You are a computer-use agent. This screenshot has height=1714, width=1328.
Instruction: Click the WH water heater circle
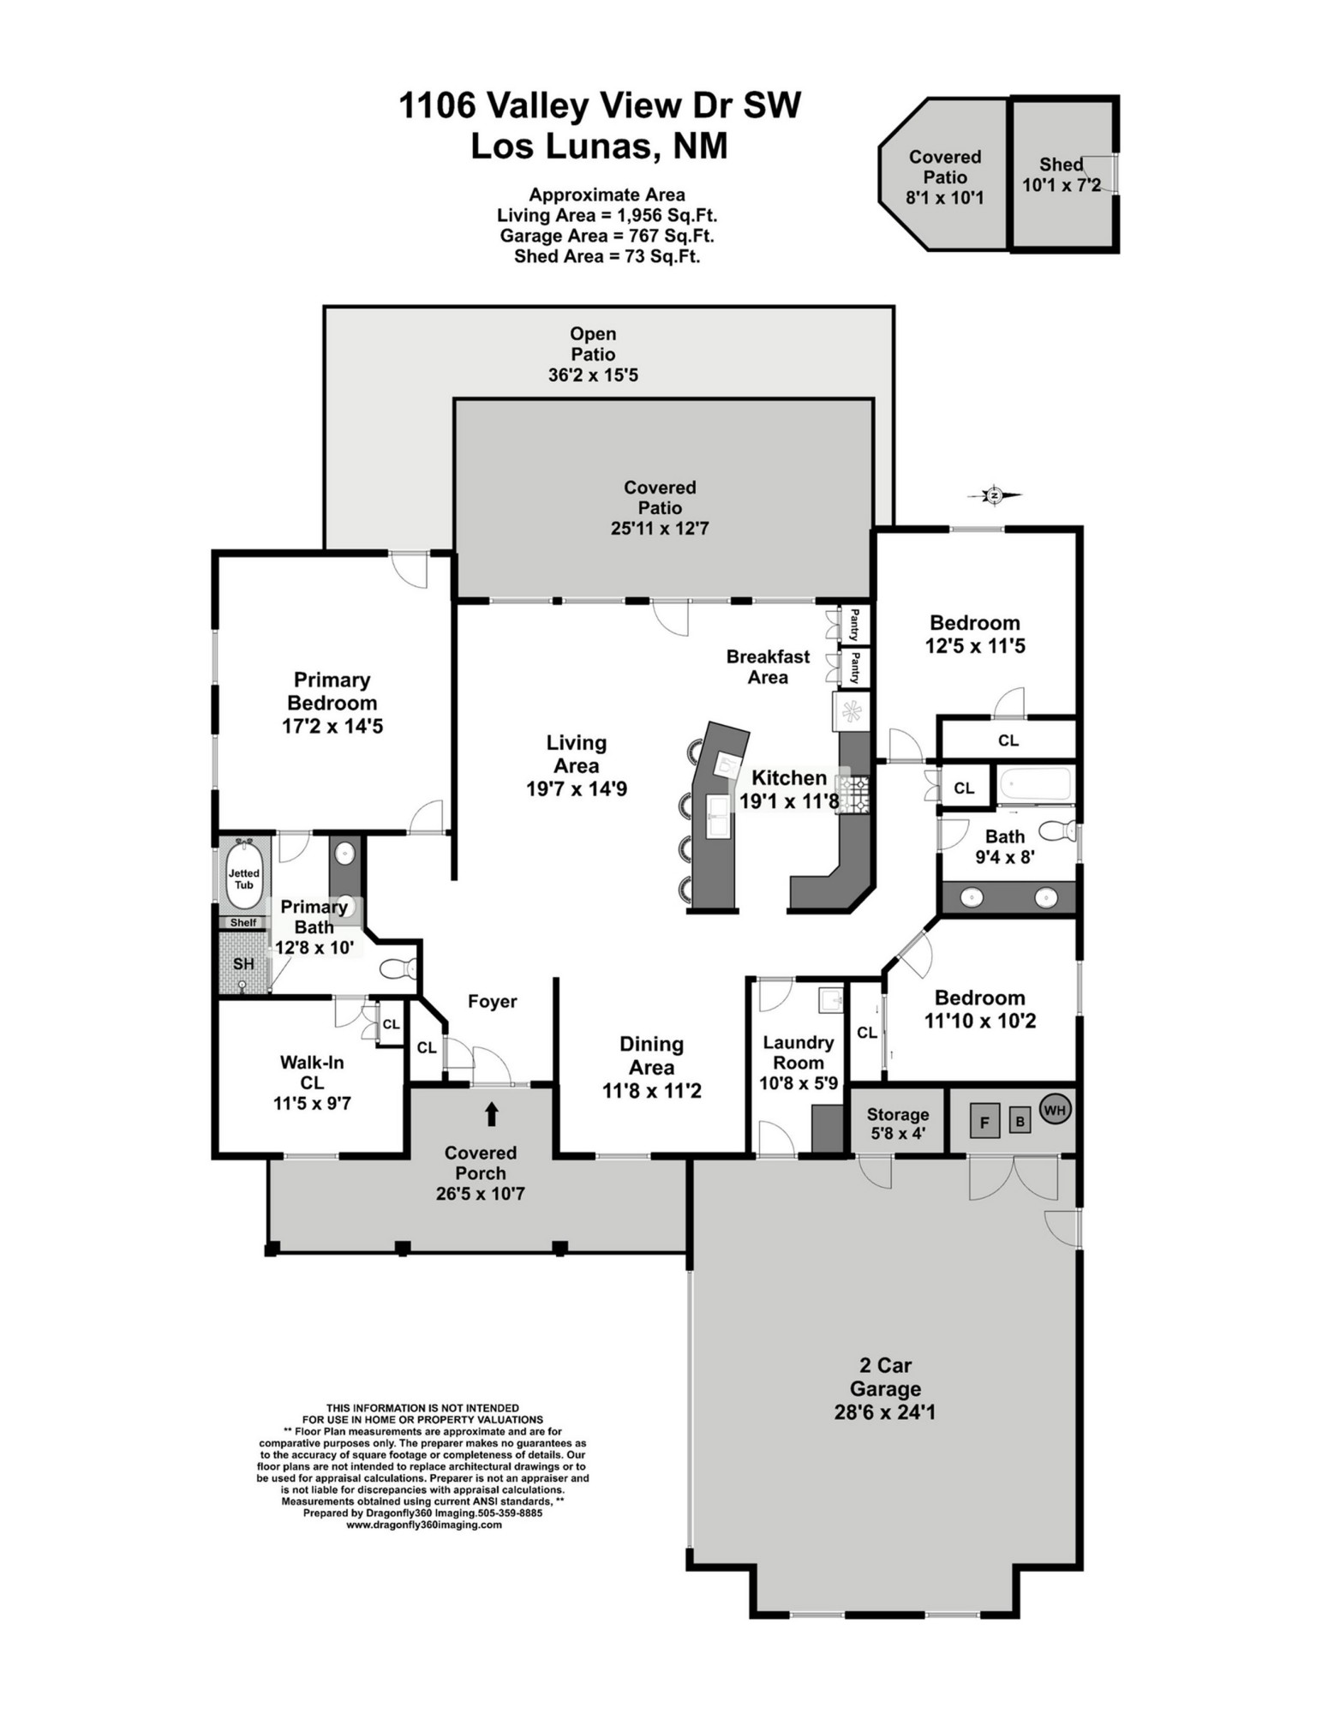pyautogui.click(x=1055, y=1110)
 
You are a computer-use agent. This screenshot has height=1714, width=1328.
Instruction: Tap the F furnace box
pyautogui.click(x=984, y=1121)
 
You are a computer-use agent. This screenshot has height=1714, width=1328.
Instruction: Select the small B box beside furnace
pyautogui.click(x=1019, y=1120)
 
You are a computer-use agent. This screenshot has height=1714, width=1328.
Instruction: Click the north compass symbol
pyautogui.click(x=994, y=494)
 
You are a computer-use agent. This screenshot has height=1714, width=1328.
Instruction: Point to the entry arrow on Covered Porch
pyautogui.click(x=492, y=1113)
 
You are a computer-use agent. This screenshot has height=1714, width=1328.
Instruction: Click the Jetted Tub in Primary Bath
pyautogui.click(x=244, y=876)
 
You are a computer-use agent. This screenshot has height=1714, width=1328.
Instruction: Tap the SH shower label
pyautogui.click(x=243, y=964)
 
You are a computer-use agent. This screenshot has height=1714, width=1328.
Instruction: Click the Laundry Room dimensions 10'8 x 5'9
pyautogui.click(x=798, y=1083)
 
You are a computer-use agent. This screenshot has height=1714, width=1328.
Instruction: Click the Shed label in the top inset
pyautogui.click(x=1061, y=165)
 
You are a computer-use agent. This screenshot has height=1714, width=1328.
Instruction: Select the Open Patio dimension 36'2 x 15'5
pyautogui.click(x=593, y=375)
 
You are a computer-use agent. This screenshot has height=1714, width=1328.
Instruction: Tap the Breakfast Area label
pyautogui.click(x=768, y=667)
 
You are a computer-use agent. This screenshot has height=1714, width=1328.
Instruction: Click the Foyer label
pyautogui.click(x=492, y=1001)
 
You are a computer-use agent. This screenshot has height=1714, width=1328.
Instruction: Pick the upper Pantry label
pyautogui.click(x=855, y=624)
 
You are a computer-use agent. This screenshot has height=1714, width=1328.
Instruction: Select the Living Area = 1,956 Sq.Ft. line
pyautogui.click(x=607, y=215)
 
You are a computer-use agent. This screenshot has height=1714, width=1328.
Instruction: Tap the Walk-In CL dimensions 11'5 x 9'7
pyautogui.click(x=312, y=1103)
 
